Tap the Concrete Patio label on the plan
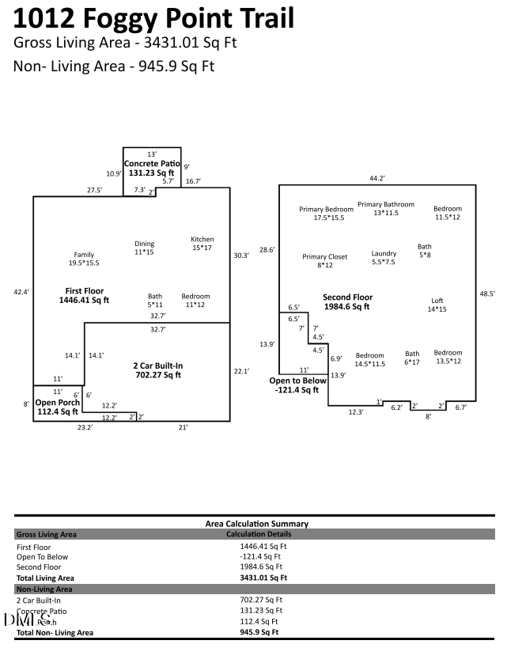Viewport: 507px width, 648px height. (152, 164)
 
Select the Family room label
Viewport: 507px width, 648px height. (84, 255)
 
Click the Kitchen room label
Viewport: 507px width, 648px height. (202, 239)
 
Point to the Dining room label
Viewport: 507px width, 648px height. (144, 244)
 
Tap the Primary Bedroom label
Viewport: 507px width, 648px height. (327, 210)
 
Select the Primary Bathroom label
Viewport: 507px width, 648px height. (386, 204)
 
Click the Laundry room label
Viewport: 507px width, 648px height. (384, 254)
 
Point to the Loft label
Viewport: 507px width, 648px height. (437, 301)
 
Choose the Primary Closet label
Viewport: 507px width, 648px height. (325, 256)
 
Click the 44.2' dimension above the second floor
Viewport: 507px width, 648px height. (377, 179)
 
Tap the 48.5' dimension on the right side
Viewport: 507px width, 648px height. (487, 294)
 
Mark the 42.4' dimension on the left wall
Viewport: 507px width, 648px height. (21, 292)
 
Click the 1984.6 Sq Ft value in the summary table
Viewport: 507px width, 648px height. (261, 567)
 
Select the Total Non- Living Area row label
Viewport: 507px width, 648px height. (55, 632)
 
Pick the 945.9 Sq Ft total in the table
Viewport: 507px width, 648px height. (261, 632)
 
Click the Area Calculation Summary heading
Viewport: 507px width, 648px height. (256, 524)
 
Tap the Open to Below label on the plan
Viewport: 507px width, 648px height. (298, 381)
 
